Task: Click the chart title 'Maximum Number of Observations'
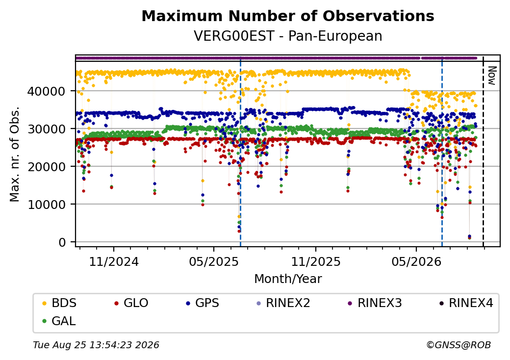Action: pos(288,16)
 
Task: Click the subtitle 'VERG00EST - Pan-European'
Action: pos(288,36)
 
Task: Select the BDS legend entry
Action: pos(59,303)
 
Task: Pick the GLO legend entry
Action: pos(131,303)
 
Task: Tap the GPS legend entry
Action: pos(203,303)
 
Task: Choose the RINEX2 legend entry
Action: pos(283,303)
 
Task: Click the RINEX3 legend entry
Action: pos(375,303)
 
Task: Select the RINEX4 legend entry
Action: pos(466,303)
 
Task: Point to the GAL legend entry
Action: pos(59,321)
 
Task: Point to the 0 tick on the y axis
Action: pos(62,242)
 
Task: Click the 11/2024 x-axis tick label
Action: pos(114,262)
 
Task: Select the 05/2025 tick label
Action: pos(214,262)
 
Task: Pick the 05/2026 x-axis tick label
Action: pos(416,262)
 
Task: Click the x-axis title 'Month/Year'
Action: pos(288,279)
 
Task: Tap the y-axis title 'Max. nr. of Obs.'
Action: pos(15,154)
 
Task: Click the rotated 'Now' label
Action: pos(492,76)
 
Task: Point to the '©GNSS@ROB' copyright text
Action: pos(459,345)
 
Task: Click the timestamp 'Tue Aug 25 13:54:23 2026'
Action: pos(96,345)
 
